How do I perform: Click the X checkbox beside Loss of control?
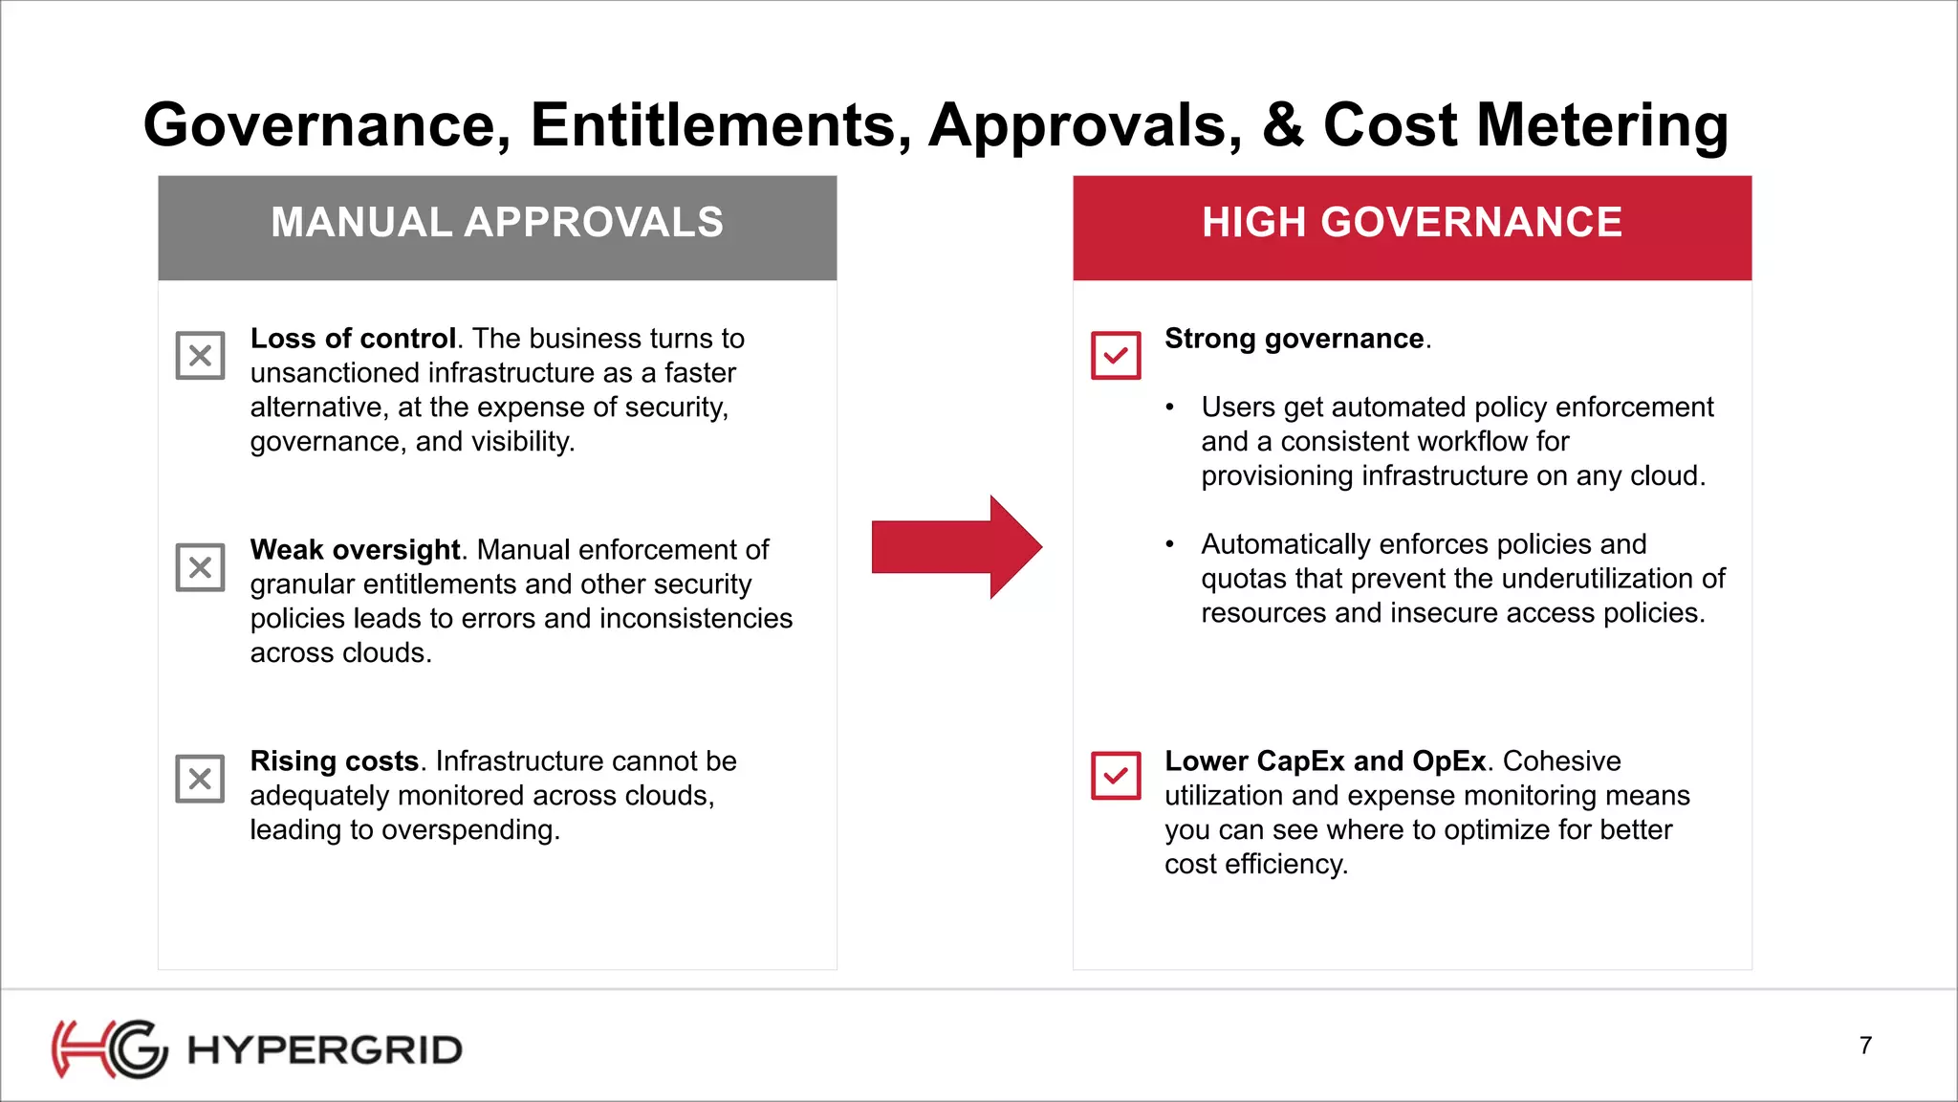coord(200,356)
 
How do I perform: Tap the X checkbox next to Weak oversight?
coord(200,567)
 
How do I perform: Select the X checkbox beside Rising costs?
coord(200,778)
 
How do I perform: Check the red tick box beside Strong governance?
coord(1116,356)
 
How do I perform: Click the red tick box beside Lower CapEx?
coord(1116,776)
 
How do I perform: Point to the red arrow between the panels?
coord(956,547)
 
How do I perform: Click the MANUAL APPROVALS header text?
coord(497,223)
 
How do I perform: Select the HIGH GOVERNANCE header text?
coord(1412,223)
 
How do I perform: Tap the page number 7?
coord(1865,1046)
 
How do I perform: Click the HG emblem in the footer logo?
coord(109,1049)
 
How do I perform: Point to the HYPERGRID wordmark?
coord(325,1050)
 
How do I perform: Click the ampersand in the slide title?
coord(1283,125)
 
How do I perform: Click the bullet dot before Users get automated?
coord(1169,408)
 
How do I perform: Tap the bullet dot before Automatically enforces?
coord(1169,544)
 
